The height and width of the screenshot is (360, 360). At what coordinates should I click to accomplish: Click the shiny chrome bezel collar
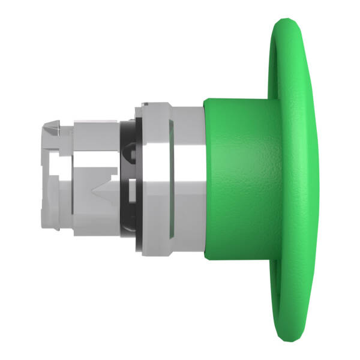click(x=174, y=180)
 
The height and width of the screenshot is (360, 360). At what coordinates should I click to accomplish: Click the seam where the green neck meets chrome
click(x=204, y=180)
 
